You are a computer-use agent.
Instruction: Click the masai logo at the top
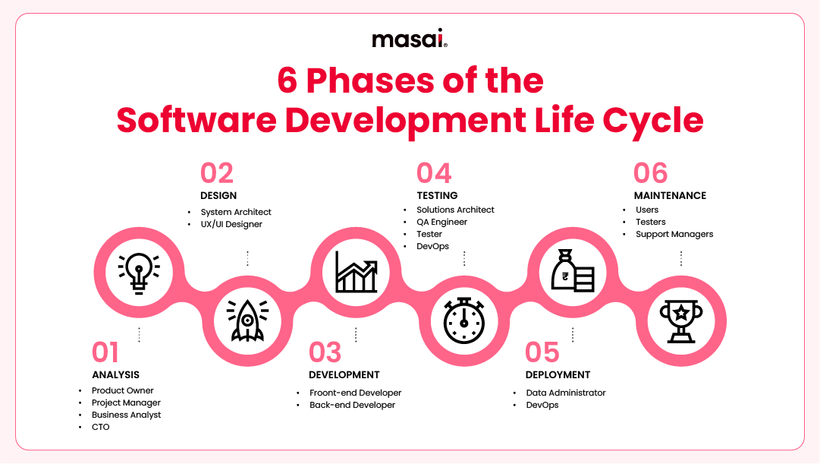pyautogui.click(x=410, y=39)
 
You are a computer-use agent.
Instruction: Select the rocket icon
pyautogui.click(x=247, y=320)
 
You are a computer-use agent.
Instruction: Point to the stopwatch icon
pyautogui.click(x=463, y=320)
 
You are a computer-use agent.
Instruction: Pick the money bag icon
pyautogui.click(x=572, y=272)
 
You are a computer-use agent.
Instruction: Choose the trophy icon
pyautogui.click(x=680, y=320)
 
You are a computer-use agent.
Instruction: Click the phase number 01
pyautogui.click(x=105, y=352)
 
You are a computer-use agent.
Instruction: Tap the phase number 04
pyautogui.click(x=434, y=173)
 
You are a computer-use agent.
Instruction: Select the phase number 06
pyautogui.click(x=650, y=173)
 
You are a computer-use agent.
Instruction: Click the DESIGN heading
pyautogui.click(x=218, y=196)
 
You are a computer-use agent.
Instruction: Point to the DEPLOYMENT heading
pyautogui.click(x=558, y=374)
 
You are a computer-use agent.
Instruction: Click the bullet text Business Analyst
pyautogui.click(x=126, y=415)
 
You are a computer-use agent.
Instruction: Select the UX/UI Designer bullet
pyautogui.click(x=231, y=224)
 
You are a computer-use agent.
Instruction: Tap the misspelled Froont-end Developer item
pyautogui.click(x=355, y=393)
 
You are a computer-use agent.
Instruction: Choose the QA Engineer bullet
pyautogui.click(x=441, y=222)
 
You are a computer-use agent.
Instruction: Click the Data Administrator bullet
pyautogui.click(x=566, y=393)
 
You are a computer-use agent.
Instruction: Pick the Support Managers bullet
pyautogui.click(x=674, y=234)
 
